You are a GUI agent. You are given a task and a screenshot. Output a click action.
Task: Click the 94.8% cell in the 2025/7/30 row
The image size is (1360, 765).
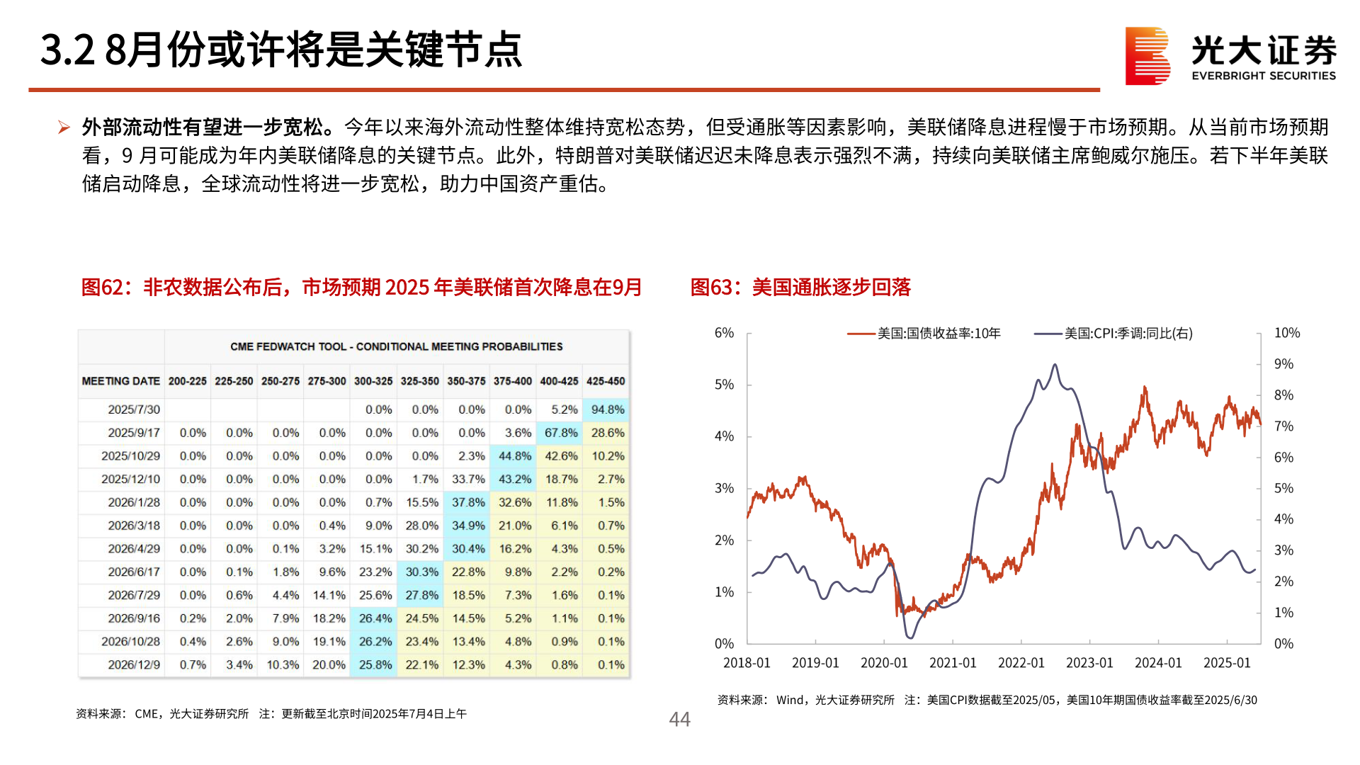pyautogui.click(x=607, y=409)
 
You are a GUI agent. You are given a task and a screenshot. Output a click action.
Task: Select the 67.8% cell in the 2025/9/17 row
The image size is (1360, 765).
pyautogui.click(x=560, y=433)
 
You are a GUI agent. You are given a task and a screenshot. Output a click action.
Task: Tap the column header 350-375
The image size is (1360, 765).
pyautogui.click(x=466, y=381)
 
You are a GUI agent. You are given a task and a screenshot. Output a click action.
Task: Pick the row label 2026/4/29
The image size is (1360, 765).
pyautogui.click(x=133, y=549)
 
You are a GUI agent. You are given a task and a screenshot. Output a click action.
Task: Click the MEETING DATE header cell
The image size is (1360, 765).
pyautogui.click(x=121, y=381)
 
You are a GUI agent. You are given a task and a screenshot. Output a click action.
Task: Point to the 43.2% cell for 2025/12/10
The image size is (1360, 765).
pyautogui.click(x=514, y=480)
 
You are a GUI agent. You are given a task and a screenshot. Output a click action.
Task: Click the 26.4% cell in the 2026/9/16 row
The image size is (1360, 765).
pyautogui.click(x=375, y=618)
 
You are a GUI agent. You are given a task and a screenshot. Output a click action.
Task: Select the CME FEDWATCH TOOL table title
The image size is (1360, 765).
pyautogui.click(x=396, y=346)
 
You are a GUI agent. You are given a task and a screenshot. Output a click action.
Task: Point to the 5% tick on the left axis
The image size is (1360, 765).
pyautogui.click(x=724, y=385)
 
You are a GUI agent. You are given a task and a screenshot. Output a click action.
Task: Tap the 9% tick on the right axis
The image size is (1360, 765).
pyautogui.click(x=1283, y=364)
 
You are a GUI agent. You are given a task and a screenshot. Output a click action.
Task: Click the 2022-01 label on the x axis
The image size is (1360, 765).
pyautogui.click(x=1021, y=663)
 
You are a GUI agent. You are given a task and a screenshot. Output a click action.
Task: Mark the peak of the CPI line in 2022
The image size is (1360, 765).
pyautogui.click(x=1055, y=365)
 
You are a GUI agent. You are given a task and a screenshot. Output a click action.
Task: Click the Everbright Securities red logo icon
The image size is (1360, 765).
pyautogui.click(x=1147, y=56)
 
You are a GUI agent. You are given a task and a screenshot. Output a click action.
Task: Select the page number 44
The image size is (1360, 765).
pyautogui.click(x=679, y=720)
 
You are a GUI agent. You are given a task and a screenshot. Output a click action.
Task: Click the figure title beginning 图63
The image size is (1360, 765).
pyautogui.click(x=800, y=287)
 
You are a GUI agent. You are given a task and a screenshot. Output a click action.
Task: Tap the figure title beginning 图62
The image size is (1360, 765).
pyautogui.click(x=361, y=287)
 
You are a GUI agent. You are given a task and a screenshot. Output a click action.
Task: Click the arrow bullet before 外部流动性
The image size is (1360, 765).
pyautogui.click(x=64, y=127)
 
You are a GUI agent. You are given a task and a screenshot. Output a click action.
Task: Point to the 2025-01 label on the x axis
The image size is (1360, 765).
pyautogui.click(x=1227, y=663)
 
